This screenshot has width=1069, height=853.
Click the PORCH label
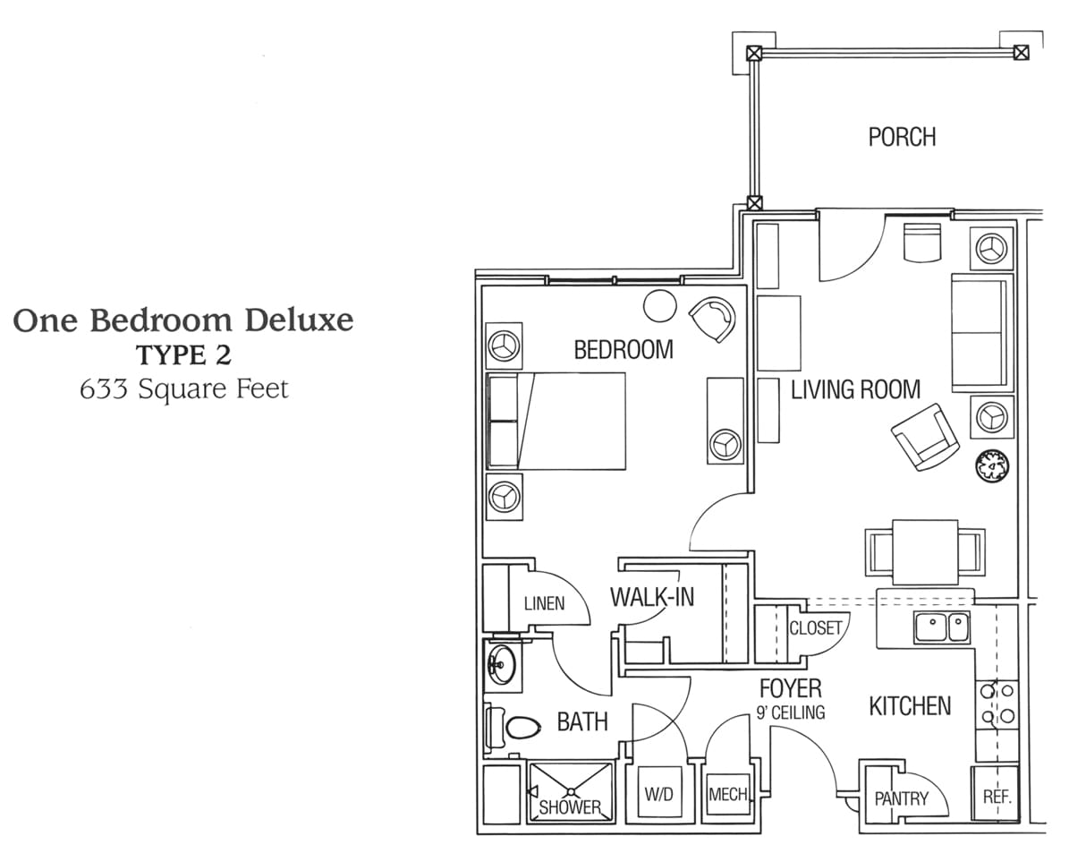(902, 137)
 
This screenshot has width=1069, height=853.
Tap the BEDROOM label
(624, 349)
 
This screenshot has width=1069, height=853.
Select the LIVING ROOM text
(855, 389)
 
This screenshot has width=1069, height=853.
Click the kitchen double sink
(942, 627)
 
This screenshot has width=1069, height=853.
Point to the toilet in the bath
(512, 727)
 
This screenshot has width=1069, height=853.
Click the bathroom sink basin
(501, 663)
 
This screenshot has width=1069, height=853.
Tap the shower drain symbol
(572, 791)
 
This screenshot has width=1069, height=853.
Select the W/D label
(658, 794)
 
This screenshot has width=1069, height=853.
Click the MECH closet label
(728, 794)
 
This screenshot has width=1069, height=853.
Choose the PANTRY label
(902, 798)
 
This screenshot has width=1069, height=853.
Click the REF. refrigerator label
(997, 797)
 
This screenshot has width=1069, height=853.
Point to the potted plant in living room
(992, 466)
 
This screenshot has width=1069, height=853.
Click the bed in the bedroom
(556, 421)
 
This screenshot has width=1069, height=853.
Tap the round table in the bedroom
(660, 306)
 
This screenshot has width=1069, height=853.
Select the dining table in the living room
(924, 552)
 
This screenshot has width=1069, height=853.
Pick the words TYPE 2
(184, 354)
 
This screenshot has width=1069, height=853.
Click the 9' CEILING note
(791, 712)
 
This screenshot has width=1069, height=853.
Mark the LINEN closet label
(544, 603)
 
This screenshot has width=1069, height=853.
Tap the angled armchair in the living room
(925, 437)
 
